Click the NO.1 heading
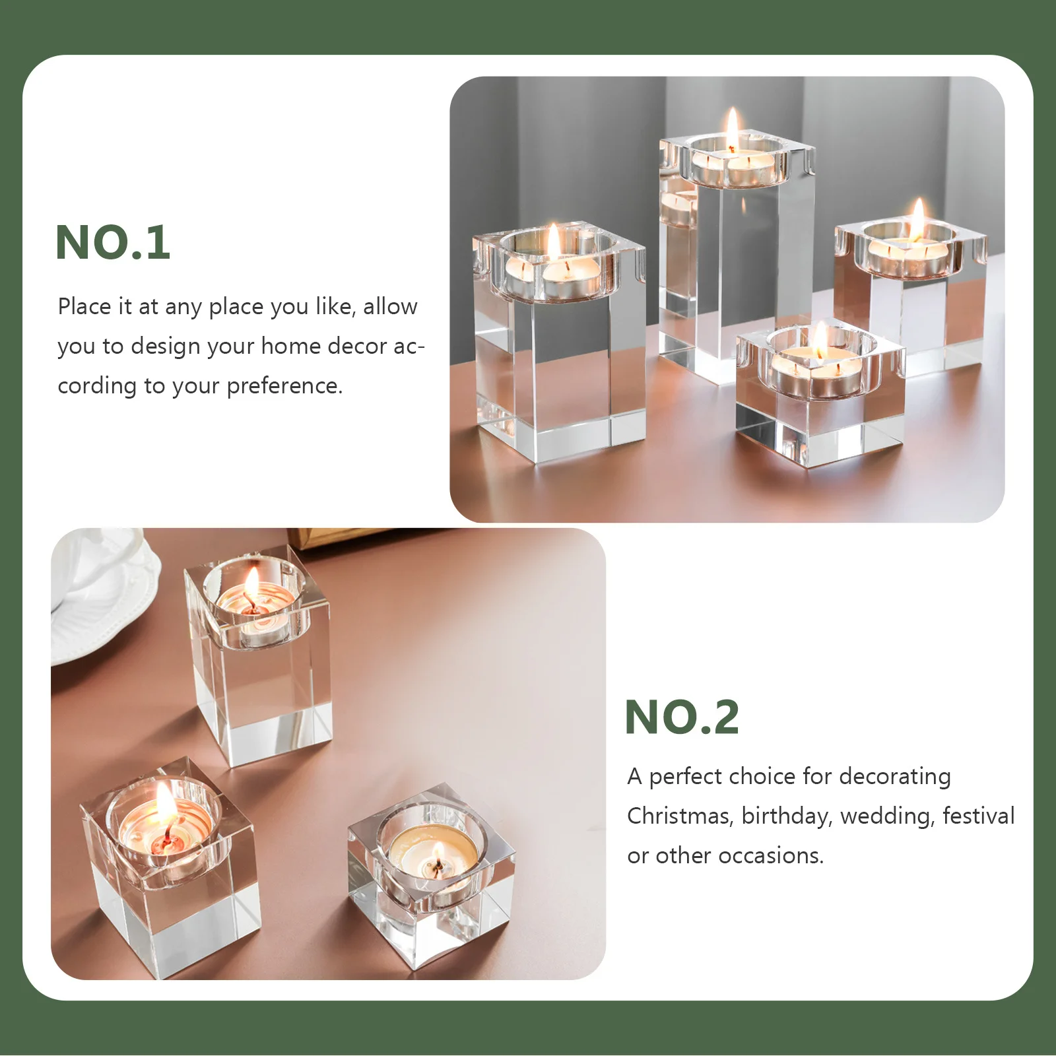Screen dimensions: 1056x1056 113,242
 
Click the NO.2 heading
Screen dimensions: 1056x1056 682,717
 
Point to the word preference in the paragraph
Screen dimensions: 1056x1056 284,386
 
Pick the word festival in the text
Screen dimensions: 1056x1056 978,816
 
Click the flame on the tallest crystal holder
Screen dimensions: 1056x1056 733,127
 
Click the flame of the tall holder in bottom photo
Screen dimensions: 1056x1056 251,584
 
